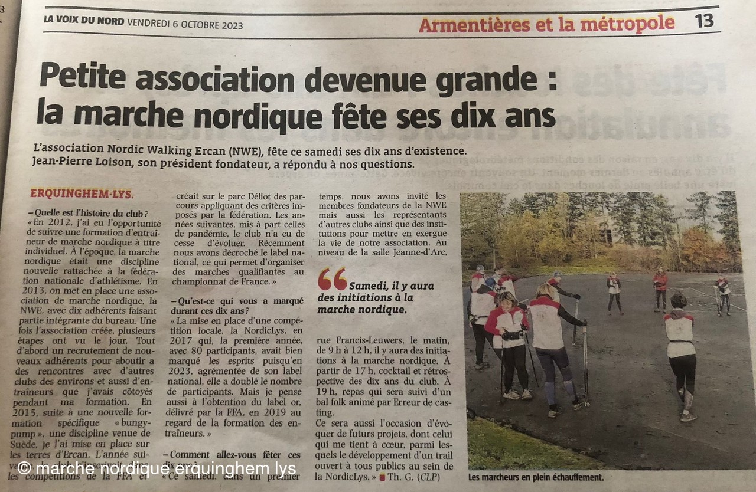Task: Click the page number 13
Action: point(704,21)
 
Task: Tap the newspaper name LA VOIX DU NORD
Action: point(84,21)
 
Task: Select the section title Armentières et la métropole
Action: point(546,24)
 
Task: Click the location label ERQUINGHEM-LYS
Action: point(82,193)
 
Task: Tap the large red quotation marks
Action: point(332,279)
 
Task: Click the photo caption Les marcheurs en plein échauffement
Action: point(536,477)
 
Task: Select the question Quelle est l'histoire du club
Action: point(91,213)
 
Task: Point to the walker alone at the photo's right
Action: point(681,354)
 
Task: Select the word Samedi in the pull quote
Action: point(367,286)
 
